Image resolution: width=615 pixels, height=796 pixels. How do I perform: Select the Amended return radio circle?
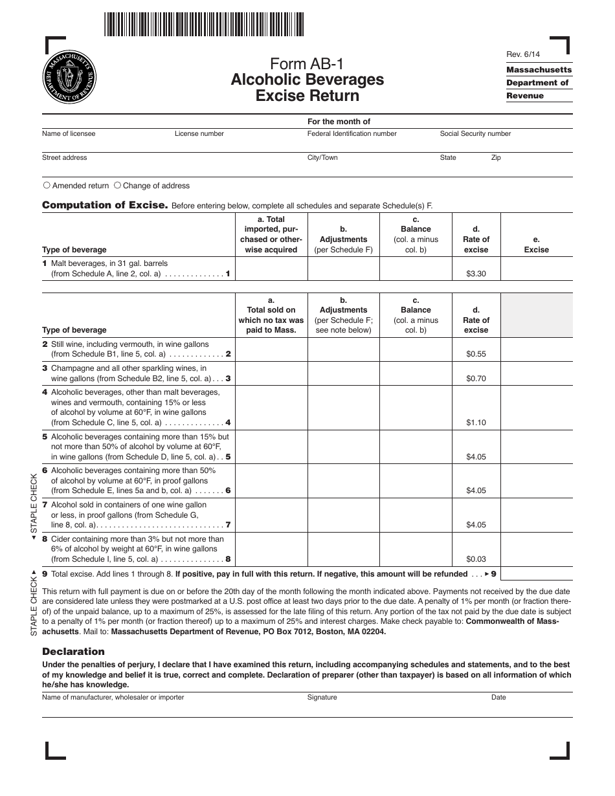pyautogui.click(x=47, y=185)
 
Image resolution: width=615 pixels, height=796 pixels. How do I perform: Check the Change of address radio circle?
pyautogui.click(x=118, y=185)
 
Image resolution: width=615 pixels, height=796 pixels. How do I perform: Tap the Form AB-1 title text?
pyautogui.click(x=307, y=63)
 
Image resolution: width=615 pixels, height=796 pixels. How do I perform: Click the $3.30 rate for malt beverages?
pyautogui.click(x=476, y=274)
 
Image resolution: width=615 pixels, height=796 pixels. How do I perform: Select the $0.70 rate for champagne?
pyautogui.click(x=476, y=379)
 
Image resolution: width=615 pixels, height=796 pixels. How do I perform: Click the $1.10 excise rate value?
pyautogui.click(x=476, y=423)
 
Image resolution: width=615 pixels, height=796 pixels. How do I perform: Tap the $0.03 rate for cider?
pyautogui.click(x=476, y=559)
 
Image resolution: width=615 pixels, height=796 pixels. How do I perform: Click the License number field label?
pyautogui.click(x=199, y=133)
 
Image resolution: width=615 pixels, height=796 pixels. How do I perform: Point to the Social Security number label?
pyautogui.click(x=475, y=133)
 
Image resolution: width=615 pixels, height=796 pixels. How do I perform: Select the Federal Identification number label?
pyautogui.click(x=352, y=133)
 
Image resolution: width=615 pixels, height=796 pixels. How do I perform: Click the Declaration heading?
pyautogui.click(x=73, y=651)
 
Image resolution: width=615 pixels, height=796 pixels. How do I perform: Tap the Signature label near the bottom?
pyautogui.click(x=322, y=697)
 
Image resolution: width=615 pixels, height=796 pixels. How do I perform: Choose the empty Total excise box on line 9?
pyautogui.click(x=536, y=573)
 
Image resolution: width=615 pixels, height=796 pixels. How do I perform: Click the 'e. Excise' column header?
pyautogui.click(x=536, y=245)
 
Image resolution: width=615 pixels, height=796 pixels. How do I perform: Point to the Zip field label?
pyautogui.click(x=496, y=157)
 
